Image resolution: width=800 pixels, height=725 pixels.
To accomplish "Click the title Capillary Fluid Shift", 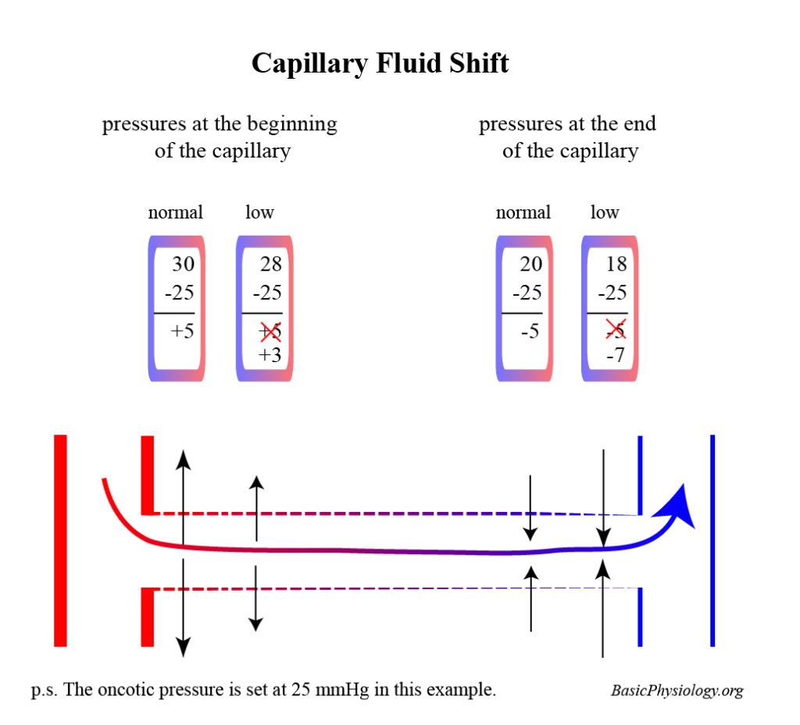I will (380, 63).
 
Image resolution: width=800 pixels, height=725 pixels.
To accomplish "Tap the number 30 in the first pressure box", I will (183, 265).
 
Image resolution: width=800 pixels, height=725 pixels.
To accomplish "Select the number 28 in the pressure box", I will (270, 265).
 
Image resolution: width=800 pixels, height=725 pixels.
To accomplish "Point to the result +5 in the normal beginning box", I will (182, 330).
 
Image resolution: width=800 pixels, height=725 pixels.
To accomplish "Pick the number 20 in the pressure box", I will (530, 265).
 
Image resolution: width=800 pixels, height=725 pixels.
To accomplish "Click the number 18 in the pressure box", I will (616, 265).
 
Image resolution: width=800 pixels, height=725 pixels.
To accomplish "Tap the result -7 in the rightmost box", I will (616, 356).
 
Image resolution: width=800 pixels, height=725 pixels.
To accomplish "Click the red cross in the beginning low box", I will (270, 331).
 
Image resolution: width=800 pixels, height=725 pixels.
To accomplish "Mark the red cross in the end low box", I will (615, 331).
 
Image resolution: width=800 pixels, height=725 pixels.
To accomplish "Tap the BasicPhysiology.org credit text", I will (677, 691).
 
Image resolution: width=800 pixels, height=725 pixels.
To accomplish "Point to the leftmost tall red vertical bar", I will (60, 540).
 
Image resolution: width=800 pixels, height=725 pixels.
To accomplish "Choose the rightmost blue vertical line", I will (712, 540).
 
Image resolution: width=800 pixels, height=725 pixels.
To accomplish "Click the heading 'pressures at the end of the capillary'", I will (568, 137).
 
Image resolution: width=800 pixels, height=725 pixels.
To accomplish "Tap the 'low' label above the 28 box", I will (259, 212).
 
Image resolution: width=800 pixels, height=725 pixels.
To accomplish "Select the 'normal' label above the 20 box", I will (523, 212).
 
